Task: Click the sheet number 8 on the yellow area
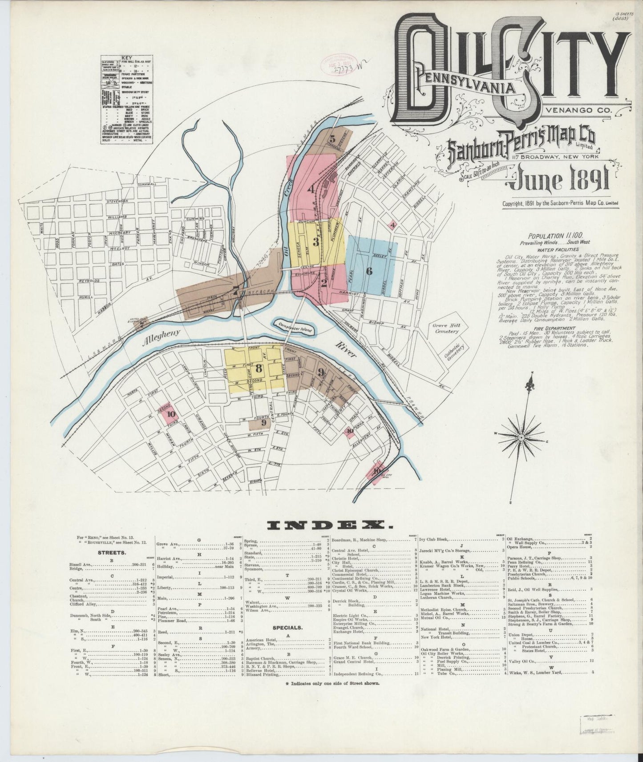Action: click(259, 368)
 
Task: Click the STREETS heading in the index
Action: click(112, 553)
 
